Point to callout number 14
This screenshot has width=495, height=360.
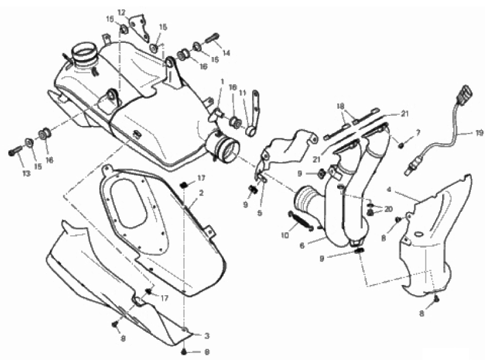pyautogui.click(x=226, y=53)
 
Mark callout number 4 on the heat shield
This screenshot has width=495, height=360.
pyautogui.click(x=388, y=191)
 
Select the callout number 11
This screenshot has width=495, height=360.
pyautogui.click(x=242, y=93)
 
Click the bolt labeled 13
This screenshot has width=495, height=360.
pyautogui.click(x=14, y=152)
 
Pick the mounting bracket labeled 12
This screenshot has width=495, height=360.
pyautogui.click(x=140, y=26)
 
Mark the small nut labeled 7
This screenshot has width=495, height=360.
pyautogui.click(x=402, y=144)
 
